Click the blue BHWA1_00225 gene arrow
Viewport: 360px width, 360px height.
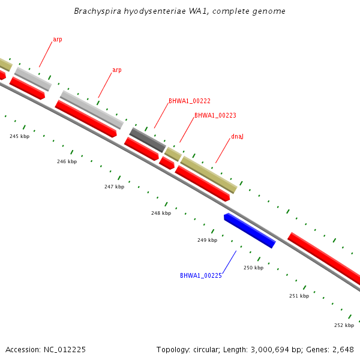coord(250,230)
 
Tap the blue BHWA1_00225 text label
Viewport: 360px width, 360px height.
coord(201,275)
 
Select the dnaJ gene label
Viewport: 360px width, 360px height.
coord(237,136)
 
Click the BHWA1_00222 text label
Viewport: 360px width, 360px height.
coord(190,101)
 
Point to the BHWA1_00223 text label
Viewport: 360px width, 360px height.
coord(215,115)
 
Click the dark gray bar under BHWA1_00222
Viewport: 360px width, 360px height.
coord(148,140)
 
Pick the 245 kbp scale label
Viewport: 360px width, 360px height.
coord(20,136)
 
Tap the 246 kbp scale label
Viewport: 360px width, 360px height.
coord(67,161)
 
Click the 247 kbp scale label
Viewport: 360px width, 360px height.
coord(115,187)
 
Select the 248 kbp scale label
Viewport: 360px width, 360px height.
coord(161,213)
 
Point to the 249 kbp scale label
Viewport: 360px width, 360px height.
coord(208,240)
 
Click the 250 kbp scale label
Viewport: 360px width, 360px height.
coord(253,268)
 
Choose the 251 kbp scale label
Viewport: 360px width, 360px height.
coord(299,296)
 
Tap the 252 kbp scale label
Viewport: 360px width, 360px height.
coord(344,325)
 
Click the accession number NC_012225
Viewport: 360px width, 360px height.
coord(65,350)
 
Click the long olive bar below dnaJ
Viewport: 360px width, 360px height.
coord(209,175)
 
